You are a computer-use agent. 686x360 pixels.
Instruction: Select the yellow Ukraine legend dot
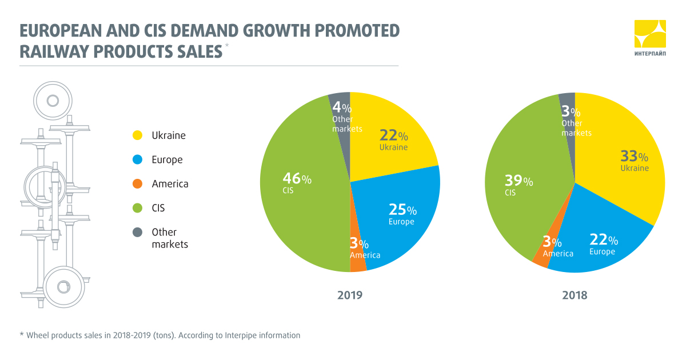coord(137,135)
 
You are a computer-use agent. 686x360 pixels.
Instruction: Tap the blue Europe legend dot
coord(137,160)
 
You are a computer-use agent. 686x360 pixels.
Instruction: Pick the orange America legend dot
coord(137,184)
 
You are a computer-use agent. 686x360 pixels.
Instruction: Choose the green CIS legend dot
coord(137,208)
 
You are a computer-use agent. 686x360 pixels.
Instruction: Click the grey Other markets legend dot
coord(137,232)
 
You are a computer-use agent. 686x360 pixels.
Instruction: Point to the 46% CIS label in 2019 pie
coord(296,183)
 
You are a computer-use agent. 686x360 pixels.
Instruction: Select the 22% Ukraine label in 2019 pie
coord(394,140)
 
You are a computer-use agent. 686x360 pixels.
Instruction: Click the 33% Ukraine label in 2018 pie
coord(635,161)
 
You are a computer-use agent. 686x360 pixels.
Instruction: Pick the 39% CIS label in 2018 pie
coord(518,185)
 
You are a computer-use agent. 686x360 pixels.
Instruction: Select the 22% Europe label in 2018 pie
coord(603,244)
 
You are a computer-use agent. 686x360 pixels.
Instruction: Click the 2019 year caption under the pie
coord(350,295)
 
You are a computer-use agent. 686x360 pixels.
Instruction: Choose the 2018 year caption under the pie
coord(575,295)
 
